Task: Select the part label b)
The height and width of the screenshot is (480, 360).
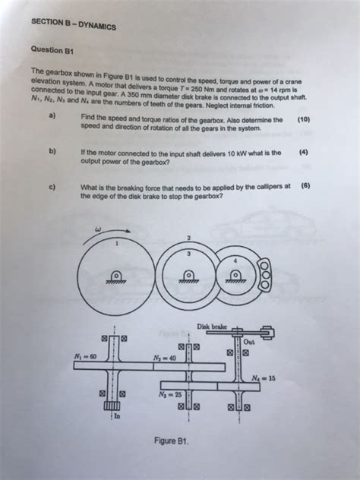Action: tap(52, 151)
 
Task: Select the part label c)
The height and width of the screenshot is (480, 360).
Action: tap(52, 185)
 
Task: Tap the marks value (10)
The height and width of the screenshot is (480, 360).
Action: tap(303, 120)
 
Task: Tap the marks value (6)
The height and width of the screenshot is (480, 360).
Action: tap(305, 185)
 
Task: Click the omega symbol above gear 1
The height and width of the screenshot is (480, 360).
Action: tap(97, 227)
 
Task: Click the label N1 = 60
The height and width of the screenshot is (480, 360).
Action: tap(85, 357)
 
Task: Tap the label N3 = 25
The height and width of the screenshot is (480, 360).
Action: tap(170, 394)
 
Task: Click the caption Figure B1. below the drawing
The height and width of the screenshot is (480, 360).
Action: tap(171, 440)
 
